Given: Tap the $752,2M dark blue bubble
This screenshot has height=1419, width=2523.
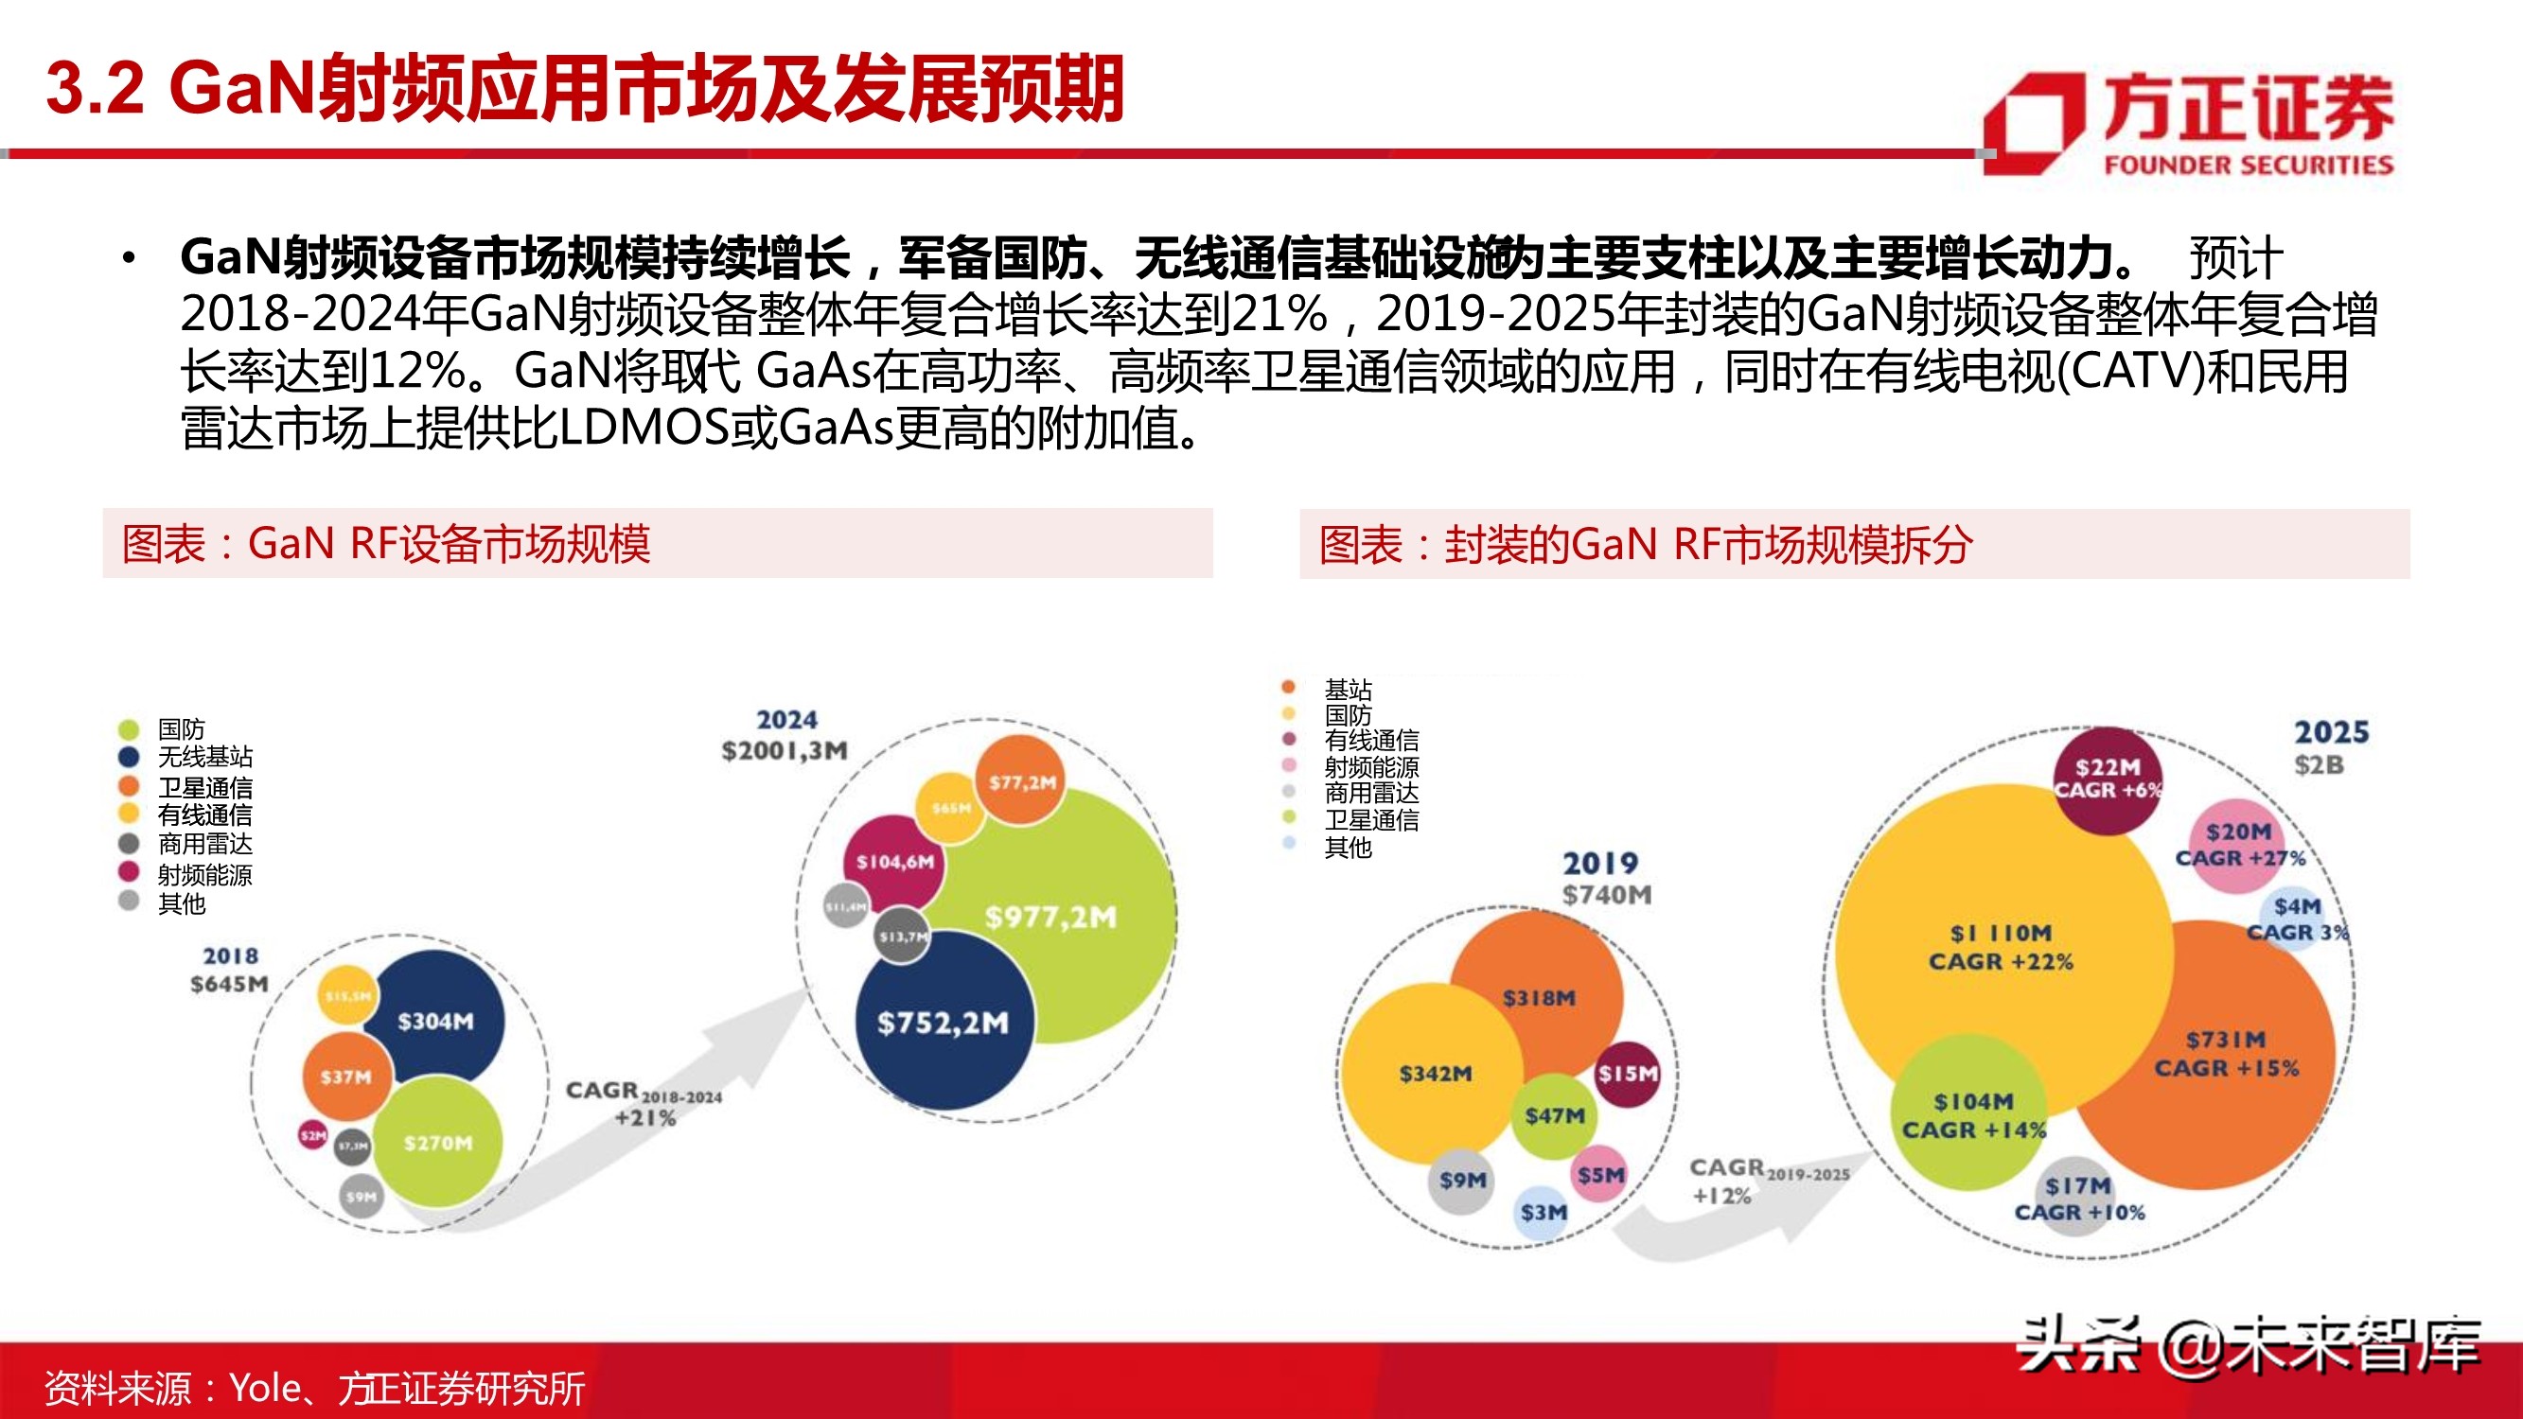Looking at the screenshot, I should pyautogui.click(x=943, y=1023).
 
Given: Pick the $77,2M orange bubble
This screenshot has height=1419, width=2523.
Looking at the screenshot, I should pyautogui.click(x=1021, y=781).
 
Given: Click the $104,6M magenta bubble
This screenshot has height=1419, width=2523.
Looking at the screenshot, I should pyautogui.click(x=893, y=861).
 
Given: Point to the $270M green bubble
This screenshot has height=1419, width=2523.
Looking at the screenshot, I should pyautogui.click(x=438, y=1142).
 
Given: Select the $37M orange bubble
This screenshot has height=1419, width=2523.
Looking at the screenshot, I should pyautogui.click(x=345, y=1077).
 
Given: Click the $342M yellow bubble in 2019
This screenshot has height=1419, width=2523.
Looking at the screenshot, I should pyautogui.click(x=1434, y=1074).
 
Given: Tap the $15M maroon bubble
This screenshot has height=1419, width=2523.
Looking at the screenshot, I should pyautogui.click(x=1627, y=1074).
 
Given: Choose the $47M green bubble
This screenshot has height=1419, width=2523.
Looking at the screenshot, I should pyautogui.click(x=1553, y=1115).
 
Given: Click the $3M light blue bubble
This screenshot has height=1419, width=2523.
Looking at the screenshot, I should pyautogui.click(x=1544, y=1213).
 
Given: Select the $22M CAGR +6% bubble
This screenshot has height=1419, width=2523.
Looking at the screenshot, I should pyautogui.click(x=2107, y=779).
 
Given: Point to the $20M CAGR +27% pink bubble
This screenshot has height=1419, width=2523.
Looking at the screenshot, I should pyautogui.click(x=2238, y=843).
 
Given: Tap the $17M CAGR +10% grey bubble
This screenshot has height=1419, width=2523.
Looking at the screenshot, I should pyautogui.click(x=2078, y=1198).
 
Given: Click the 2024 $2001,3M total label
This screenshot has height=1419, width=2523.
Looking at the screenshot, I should pyautogui.click(x=785, y=735).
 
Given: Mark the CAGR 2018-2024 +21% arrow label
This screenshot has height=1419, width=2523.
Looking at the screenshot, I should pyautogui.click(x=643, y=1103).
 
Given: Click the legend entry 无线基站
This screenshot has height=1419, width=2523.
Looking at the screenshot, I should pyautogui.click(x=204, y=757).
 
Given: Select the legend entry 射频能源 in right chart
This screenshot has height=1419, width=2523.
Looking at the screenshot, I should pyautogui.click(x=1370, y=767).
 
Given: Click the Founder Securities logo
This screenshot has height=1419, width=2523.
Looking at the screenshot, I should pyautogui.click(x=2189, y=124).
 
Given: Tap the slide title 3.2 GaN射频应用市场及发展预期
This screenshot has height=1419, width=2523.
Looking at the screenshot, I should pyautogui.click(x=585, y=88).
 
